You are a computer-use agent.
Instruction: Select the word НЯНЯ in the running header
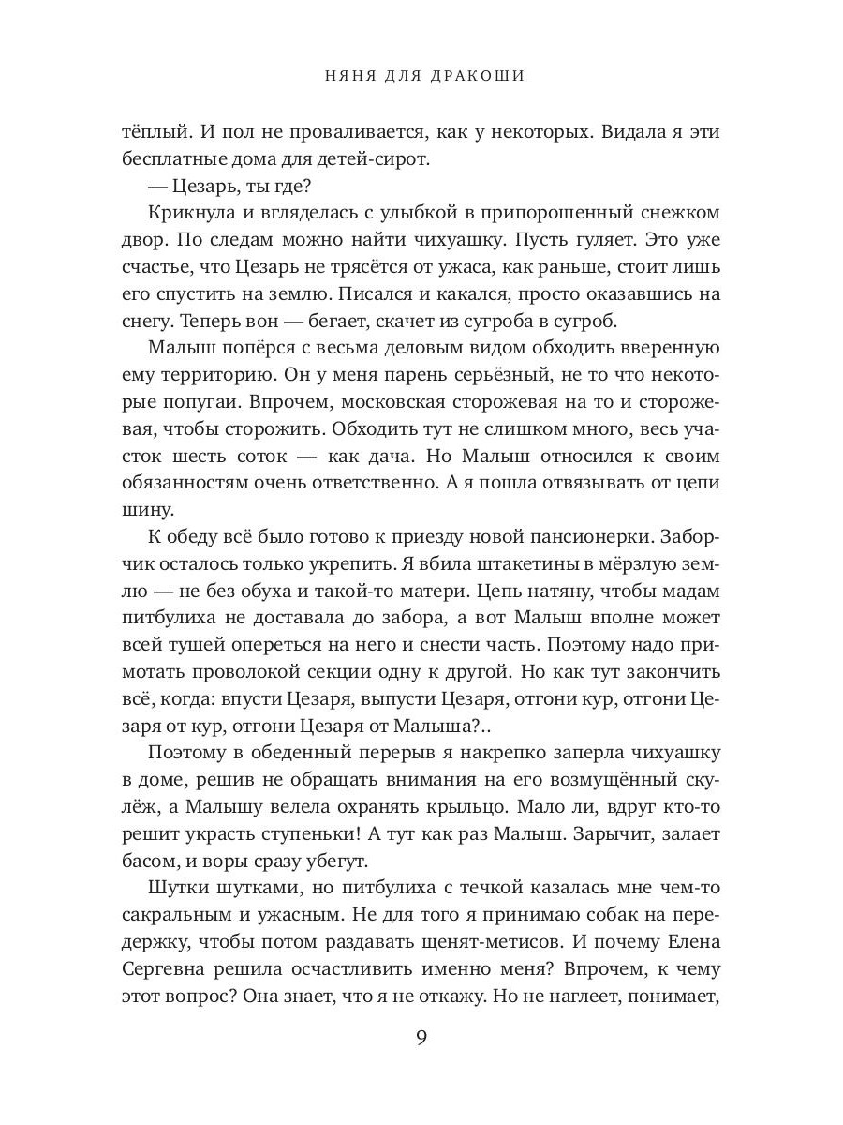[343, 76]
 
